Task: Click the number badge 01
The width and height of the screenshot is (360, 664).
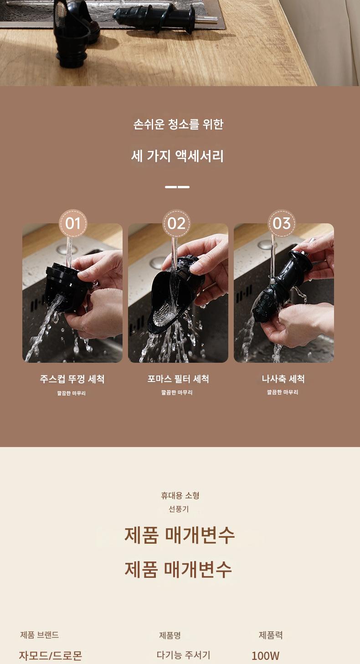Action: coord(73,223)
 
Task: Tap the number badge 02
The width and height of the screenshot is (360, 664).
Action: coord(176,223)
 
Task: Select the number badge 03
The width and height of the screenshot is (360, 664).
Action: coord(282,223)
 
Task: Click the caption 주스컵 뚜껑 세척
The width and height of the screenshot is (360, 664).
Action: coord(72,379)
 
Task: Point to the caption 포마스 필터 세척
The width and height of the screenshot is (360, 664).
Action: coord(178,379)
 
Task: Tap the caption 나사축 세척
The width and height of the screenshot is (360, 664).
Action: coord(283,379)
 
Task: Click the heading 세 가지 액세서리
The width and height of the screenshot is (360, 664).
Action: coord(177,156)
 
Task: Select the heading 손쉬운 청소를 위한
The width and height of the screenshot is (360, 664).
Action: coord(178,124)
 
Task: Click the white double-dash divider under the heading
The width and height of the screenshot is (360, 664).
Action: coord(177,187)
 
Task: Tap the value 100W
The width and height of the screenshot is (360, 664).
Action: coord(266,655)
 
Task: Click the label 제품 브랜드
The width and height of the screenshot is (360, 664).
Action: coord(39,635)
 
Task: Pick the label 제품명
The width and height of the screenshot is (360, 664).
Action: coord(170,635)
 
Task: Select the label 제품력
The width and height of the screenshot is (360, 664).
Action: coord(271,635)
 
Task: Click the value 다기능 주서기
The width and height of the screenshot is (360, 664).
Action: coord(183,655)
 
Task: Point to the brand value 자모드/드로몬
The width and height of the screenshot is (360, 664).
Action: coord(51,655)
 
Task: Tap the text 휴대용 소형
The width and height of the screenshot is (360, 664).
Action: coord(180,495)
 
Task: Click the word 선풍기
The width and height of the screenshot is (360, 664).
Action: coord(179,509)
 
